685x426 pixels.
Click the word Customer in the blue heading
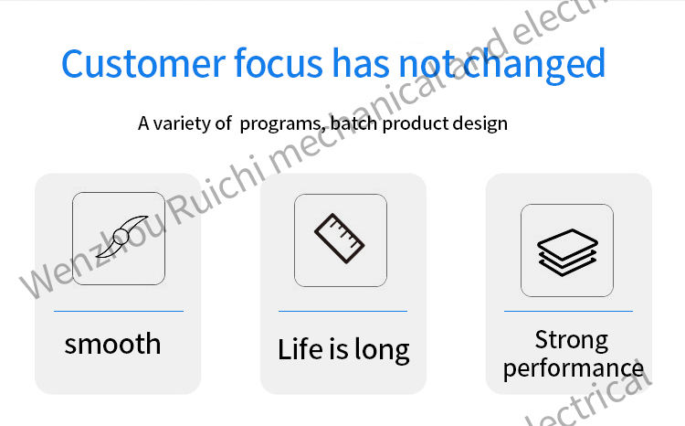pyautogui.click(x=143, y=63)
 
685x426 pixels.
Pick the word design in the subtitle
pyautogui.click(x=479, y=123)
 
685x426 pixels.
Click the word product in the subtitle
pyautogui.click(x=415, y=123)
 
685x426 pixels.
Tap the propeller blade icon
pyautogui.click(x=121, y=237)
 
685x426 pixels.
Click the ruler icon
pyautogui.click(x=340, y=239)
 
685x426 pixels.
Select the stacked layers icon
pyautogui.click(x=567, y=252)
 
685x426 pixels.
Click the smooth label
pyautogui.click(x=112, y=344)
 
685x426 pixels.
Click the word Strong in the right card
pyautogui.click(x=572, y=340)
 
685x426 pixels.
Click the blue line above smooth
pyautogui.click(x=119, y=312)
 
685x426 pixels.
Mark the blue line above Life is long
pyautogui.click(x=342, y=312)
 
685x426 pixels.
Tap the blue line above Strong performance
pyautogui.click(x=568, y=312)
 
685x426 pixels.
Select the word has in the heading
pyautogui.click(x=361, y=63)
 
